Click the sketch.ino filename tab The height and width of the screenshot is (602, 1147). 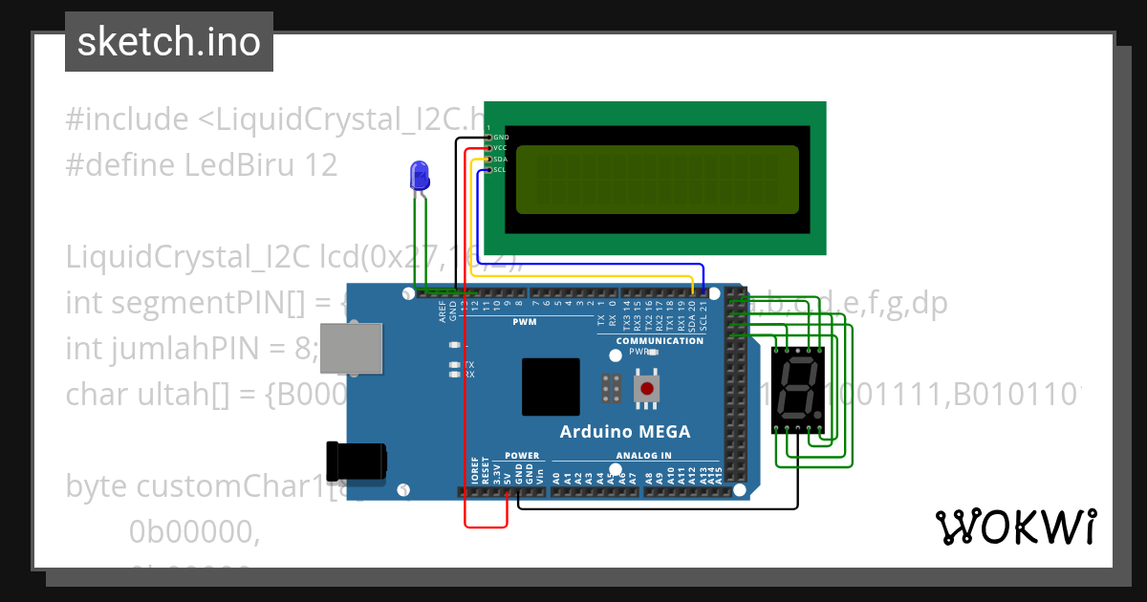[x=169, y=42]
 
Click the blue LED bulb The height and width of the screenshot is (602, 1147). [x=419, y=174]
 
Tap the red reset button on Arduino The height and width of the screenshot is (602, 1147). [x=647, y=388]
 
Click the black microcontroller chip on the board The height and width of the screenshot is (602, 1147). [x=551, y=387]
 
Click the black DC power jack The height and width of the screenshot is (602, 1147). [x=356, y=462]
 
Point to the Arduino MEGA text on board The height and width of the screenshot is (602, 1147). [x=624, y=431]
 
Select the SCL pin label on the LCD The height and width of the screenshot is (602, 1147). [x=499, y=170]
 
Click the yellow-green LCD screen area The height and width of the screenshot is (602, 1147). [x=657, y=180]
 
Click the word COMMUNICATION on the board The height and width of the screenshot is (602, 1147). [x=660, y=341]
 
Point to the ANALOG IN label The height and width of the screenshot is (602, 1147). [x=643, y=456]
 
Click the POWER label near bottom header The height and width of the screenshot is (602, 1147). [x=522, y=456]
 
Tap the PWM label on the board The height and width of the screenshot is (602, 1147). [x=525, y=322]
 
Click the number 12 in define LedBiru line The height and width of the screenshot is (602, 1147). [x=320, y=165]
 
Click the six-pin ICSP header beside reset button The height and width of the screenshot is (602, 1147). [x=611, y=388]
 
